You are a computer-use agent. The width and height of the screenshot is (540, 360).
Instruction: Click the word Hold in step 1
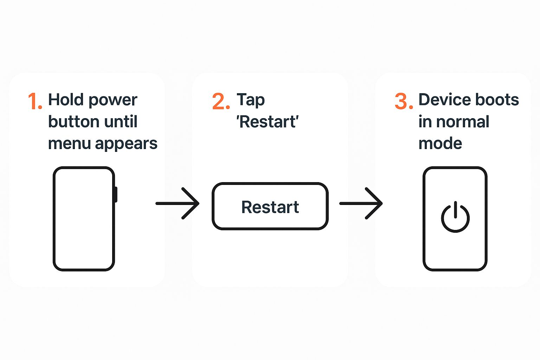point(66,99)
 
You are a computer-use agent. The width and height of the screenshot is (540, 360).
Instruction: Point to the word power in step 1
point(113,101)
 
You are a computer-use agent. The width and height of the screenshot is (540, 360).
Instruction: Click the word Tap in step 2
point(251,100)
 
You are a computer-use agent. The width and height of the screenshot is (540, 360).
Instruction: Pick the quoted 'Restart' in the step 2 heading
point(268,122)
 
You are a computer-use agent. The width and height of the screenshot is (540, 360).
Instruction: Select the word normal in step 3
point(463,121)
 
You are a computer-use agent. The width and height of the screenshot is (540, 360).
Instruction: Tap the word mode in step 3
point(440,143)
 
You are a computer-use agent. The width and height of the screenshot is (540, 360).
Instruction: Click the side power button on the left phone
point(116,194)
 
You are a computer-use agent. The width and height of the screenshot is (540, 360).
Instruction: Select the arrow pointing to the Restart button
point(178,204)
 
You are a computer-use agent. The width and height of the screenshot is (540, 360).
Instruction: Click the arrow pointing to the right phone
point(361,204)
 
